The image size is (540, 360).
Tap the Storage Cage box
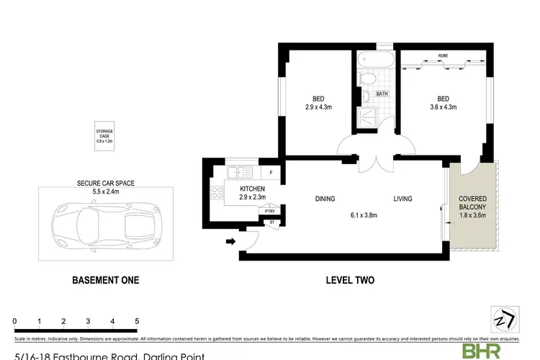coord(105,137)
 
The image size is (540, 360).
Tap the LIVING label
coord(402,199)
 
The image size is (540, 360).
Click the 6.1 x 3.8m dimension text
coord(364,214)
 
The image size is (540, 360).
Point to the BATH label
coord(382,94)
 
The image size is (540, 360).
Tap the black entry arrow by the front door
coord(230,242)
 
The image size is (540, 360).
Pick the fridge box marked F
coord(271,173)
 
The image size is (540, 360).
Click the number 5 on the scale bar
coord(137,321)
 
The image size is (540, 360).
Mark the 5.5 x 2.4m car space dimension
coord(105,193)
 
